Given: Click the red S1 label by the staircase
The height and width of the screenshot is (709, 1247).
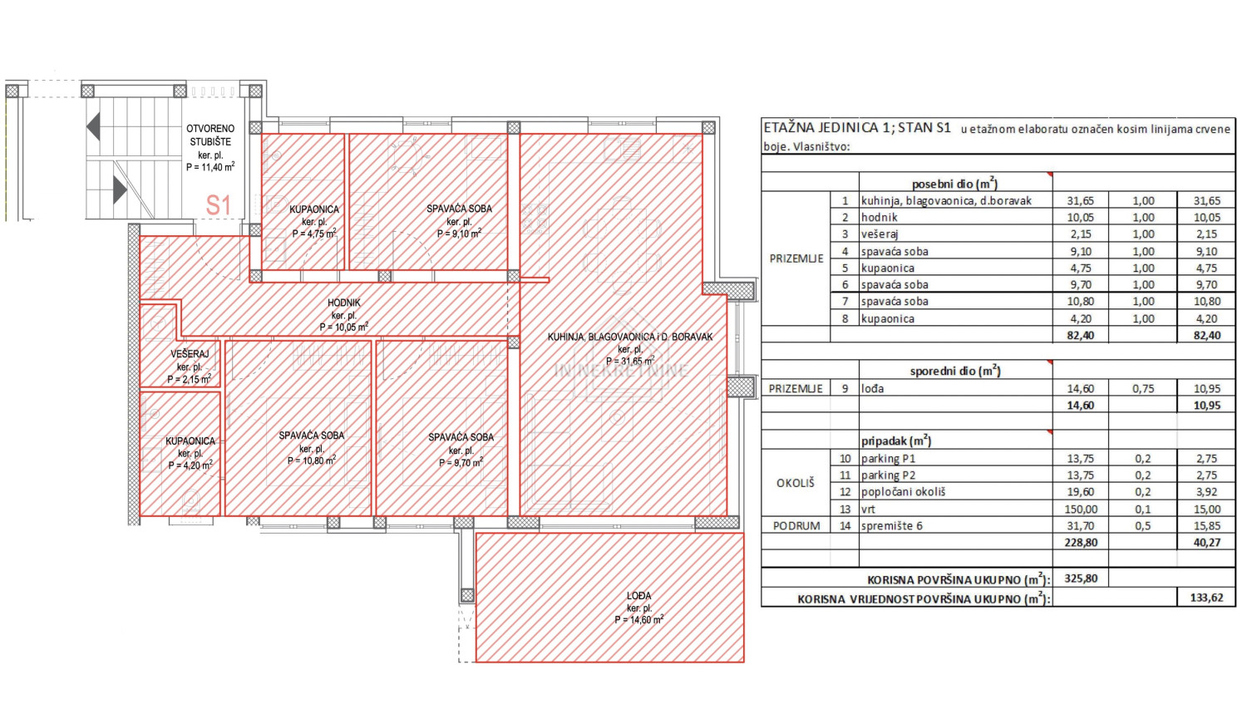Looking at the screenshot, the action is (x=218, y=204).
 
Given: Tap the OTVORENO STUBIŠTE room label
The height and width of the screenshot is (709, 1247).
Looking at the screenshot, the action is (x=210, y=135).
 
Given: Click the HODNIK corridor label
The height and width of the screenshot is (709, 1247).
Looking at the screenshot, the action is (x=344, y=303).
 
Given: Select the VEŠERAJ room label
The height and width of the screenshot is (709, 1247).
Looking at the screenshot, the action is (x=190, y=354).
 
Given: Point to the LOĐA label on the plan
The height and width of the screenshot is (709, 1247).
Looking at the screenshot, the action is (x=638, y=596).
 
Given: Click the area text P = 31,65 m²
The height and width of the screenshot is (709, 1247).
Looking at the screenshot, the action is (x=630, y=362).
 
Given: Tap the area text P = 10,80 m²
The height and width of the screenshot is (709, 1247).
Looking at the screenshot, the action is (x=312, y=460).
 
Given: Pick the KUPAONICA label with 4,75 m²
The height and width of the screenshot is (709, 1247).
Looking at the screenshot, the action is (x=314, y=209).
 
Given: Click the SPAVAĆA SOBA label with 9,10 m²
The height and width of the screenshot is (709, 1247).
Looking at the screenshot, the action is (x=459, y=209).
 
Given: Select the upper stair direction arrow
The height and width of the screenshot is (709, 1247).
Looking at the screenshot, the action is (x=93, y=126).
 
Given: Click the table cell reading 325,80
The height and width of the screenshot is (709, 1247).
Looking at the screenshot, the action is (x=1081, y=579).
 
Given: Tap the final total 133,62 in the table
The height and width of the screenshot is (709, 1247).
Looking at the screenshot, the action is (x=1206, y=598).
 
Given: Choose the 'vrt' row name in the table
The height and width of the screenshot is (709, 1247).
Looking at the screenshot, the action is (x=868, y=510).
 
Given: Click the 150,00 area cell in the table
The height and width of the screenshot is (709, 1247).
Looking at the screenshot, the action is (x=1081, y=510).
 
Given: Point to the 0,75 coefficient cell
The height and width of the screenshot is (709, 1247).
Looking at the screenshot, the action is (x=1143, y=388).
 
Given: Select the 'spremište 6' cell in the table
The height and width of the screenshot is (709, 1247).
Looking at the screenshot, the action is (x=891, y=526).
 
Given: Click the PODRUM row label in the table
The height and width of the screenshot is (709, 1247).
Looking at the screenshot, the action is (x=796, y=526).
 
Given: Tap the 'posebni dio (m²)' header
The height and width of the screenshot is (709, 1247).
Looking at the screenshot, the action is (x=954, y=183).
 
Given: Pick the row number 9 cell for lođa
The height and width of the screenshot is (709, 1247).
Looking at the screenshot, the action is (x=845, y=388).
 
